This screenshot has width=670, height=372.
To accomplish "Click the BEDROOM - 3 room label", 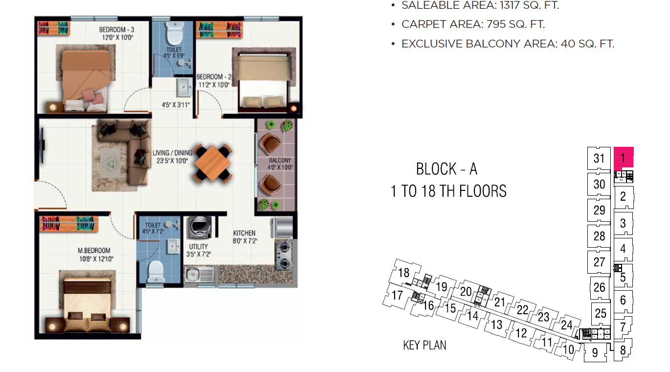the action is pyautogui.click(x=117, y=30).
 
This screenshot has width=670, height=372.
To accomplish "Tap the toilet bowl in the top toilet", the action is pyautogui.click(x=175, y=33).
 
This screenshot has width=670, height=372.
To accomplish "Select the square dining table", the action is pyautogui.click(x=212, y=163).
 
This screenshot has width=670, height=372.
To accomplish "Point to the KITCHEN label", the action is pyautogui.click(x=245, y=233).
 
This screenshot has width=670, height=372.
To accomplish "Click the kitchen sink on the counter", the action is pyautogui.click(x=200, y=275).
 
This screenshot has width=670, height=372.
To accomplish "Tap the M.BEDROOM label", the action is pyautogui.click(x=94, y=251).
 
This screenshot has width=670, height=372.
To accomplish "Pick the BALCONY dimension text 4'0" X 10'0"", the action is pyautogui.click(x=280, y=167).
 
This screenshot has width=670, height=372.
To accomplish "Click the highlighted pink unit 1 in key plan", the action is pyautogui.click(x=624, y=158).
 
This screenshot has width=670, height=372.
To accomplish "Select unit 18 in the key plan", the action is pyautogui.click(x=403, y=273).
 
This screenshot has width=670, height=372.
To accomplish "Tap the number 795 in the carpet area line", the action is pyautogui.click(x=496, y=24).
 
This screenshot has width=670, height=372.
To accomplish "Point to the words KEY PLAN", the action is pyautogui.click(x=424, y=346).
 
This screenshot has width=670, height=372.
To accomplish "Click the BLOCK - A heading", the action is pyautogui.click(x=447, y=169).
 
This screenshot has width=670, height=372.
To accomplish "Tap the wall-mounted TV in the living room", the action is pyautogui.click(x=43, y=145).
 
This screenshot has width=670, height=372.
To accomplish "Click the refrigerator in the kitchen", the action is pyautogui.click(x=282, y=228).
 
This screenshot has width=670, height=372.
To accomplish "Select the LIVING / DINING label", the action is pyautogui.click(x=172, y=153).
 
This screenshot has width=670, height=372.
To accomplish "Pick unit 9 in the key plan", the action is pyautogui.click(x=595, y=352).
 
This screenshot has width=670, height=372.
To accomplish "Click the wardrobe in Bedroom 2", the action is pyautogui.click(x=219, y=30).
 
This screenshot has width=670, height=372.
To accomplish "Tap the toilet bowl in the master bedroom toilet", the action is pyautogui.click(x=156, y=272).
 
